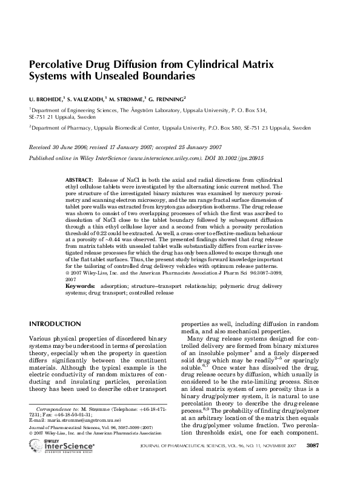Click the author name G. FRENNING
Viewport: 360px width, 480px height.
click(x=165, y=98)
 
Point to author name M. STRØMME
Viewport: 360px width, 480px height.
click(x=126, y=98)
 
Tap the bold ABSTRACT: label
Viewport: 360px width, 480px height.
click(x=79, y=181)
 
